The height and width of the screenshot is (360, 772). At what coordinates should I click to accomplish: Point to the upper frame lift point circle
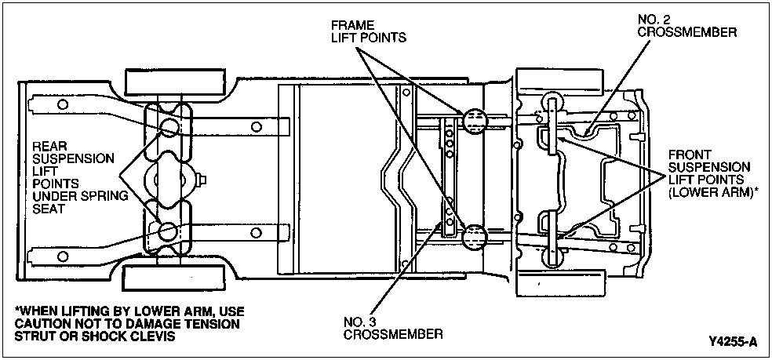[x=475, y=120]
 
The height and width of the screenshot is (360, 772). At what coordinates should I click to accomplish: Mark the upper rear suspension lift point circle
[x=169, y=127]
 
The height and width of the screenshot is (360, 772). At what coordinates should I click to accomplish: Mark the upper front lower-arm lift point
[x=552, y=118]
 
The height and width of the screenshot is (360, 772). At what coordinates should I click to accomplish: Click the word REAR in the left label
[x=48, y=146]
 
